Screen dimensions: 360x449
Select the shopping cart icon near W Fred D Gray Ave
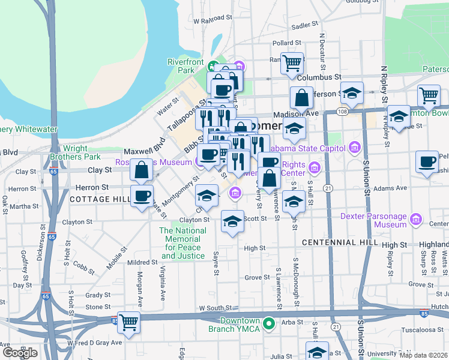tap(128, 323)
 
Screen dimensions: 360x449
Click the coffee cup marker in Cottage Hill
tap(142, 196)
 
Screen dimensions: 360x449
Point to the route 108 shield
tap(342, 112)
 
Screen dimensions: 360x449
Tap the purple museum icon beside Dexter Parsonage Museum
tap(415, 220)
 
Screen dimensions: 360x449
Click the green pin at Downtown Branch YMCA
tap(270, 324)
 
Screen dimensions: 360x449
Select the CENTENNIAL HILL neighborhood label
tap(340, 242)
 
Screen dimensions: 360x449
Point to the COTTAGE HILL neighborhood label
tap(100, 199)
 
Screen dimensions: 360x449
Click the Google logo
tap(19, 353)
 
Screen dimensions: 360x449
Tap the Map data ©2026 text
tap(423, 355)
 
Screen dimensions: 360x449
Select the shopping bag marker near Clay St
tap(142, 170)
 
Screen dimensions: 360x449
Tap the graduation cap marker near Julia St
tap(317, 352)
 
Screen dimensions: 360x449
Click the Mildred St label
tap(142, 262)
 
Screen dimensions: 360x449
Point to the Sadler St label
tap(304, 25)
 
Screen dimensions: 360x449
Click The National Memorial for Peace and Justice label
tap(182, 244)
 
